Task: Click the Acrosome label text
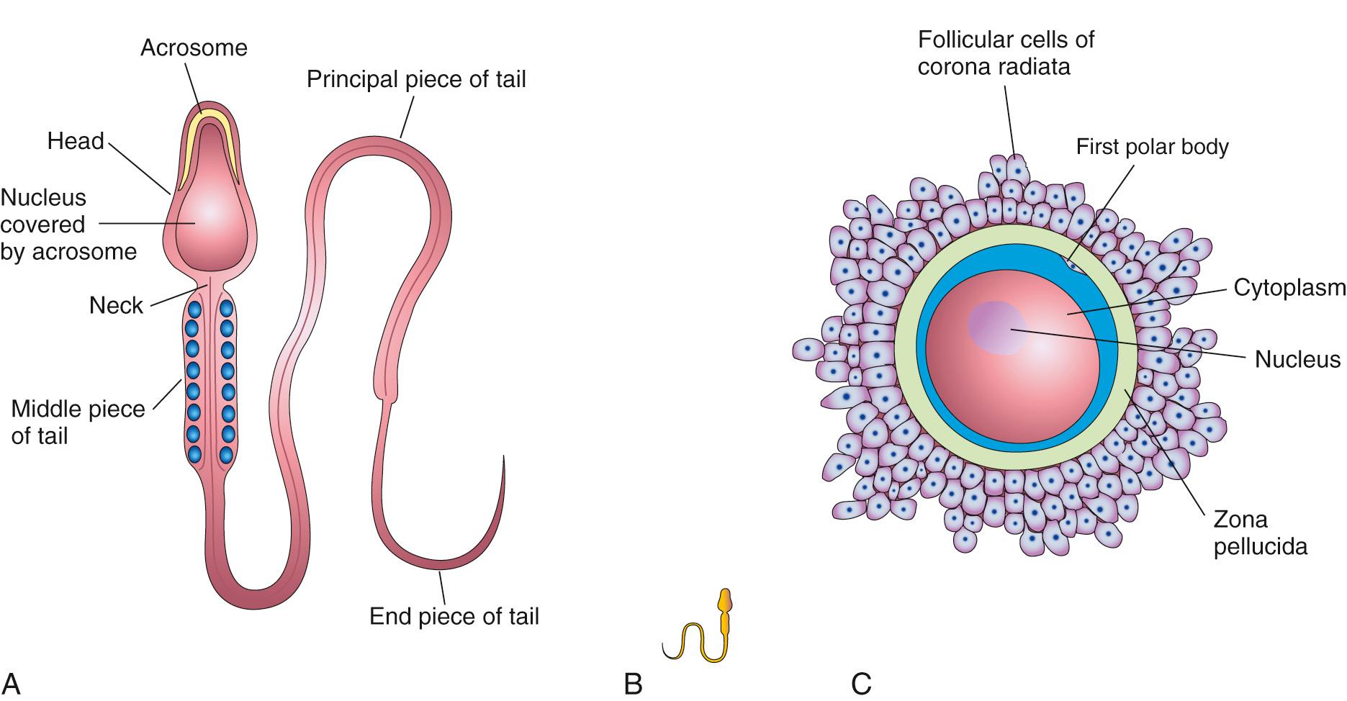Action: pyautogui.click(x=194, y=48)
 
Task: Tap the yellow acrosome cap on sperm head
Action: pyautogui.click(x=209, y=118)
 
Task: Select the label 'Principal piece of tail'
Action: pyautogui.click(x=416, y=79)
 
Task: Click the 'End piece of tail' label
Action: pyautogui.click(x=454, y=617)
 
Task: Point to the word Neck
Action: pyautogui.click(x=116, y=306)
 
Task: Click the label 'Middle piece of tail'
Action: pyautogui.click(x=77, y=422)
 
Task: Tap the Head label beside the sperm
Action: pyautogui.click(x=76, y=141)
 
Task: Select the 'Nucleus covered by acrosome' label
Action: pyautogui.click(x=68, y=225)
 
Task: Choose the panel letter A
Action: pyautogui.click(x=11, y=683)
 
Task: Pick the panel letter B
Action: pyautogui.click(x=632, y=683)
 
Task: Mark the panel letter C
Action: pyautogui.click(x=861, y=683)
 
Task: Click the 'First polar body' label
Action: pyautogui.click(x=1152, y=147)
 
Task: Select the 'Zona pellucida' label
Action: pyautogui.click(x=1260, y=533)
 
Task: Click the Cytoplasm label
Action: pyautogui.click(x=1289, y=288)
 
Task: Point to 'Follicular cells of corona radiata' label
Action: pyautogui.click(x=1006, y=53)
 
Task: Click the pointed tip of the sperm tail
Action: pyautogui.click(x=504, y=458)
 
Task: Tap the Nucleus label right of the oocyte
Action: pyautogui.click(x=1297, y=359)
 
